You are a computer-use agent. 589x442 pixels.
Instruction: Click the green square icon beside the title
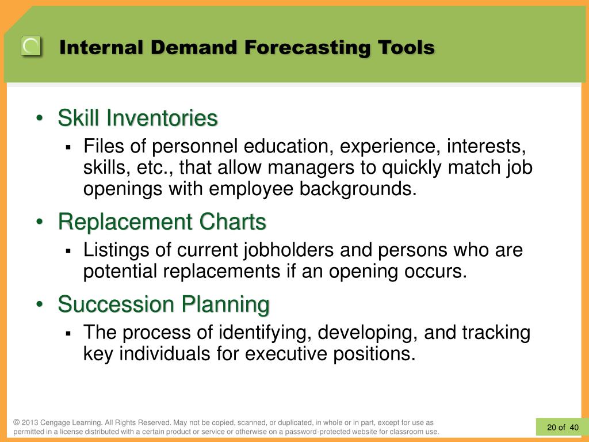click(x=31, y=46)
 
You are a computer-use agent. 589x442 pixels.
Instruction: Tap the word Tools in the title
click(x=406, y=47)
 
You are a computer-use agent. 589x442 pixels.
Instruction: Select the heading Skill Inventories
click(x=137, y=117)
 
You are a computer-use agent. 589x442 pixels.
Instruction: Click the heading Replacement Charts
click(x=162, y=222)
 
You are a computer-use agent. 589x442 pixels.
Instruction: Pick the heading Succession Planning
click(x=164, y=304)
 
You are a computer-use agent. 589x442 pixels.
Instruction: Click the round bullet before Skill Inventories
click(x=40, y=118)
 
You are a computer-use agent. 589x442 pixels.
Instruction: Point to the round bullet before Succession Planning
click(x=40, y=304)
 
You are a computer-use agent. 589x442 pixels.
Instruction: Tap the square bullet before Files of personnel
click(x=68, y=147)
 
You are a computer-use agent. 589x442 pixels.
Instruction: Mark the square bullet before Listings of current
click(x=68, y=251)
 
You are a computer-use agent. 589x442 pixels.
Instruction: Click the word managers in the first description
click(x=311, y=167)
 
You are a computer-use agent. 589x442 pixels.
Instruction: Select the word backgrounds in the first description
click(x=358, y=188)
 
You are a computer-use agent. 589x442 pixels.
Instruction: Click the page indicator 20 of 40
click(x=563, y=428)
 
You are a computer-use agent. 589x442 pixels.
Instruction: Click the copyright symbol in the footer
click(x=16, y=422)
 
